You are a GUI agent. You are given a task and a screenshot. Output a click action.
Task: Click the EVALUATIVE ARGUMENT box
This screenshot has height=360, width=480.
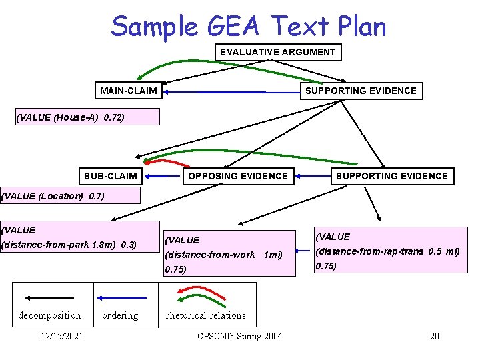pos(277,52)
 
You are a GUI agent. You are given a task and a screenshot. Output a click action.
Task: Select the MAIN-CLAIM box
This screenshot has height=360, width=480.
pos(129,91)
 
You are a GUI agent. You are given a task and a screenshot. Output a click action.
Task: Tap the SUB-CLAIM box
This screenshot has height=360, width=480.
pos(111,177)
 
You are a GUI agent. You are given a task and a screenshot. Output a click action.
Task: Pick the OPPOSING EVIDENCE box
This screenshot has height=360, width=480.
pos(238,177)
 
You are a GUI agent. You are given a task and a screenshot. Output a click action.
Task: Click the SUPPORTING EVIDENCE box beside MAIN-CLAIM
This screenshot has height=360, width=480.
pos(361,91)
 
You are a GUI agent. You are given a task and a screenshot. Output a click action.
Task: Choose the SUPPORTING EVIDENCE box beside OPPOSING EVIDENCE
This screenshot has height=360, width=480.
pos(391,177)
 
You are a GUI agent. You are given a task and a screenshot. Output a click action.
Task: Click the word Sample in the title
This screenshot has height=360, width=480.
pos(154,27)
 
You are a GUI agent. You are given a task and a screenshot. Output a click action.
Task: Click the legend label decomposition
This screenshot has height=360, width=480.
pos(49,315)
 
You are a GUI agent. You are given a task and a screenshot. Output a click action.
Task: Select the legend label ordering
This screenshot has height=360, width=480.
pos(120,315)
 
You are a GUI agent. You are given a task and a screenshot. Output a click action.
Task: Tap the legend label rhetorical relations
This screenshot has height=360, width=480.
pos(205,315)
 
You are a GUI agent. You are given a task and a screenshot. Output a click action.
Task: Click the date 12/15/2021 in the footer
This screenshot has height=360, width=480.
pos(61,336)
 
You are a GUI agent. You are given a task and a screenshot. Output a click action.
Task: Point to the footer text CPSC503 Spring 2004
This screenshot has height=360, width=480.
pos(240,336)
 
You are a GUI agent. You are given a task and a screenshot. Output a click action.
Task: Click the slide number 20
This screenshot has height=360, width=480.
pos(435,336)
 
